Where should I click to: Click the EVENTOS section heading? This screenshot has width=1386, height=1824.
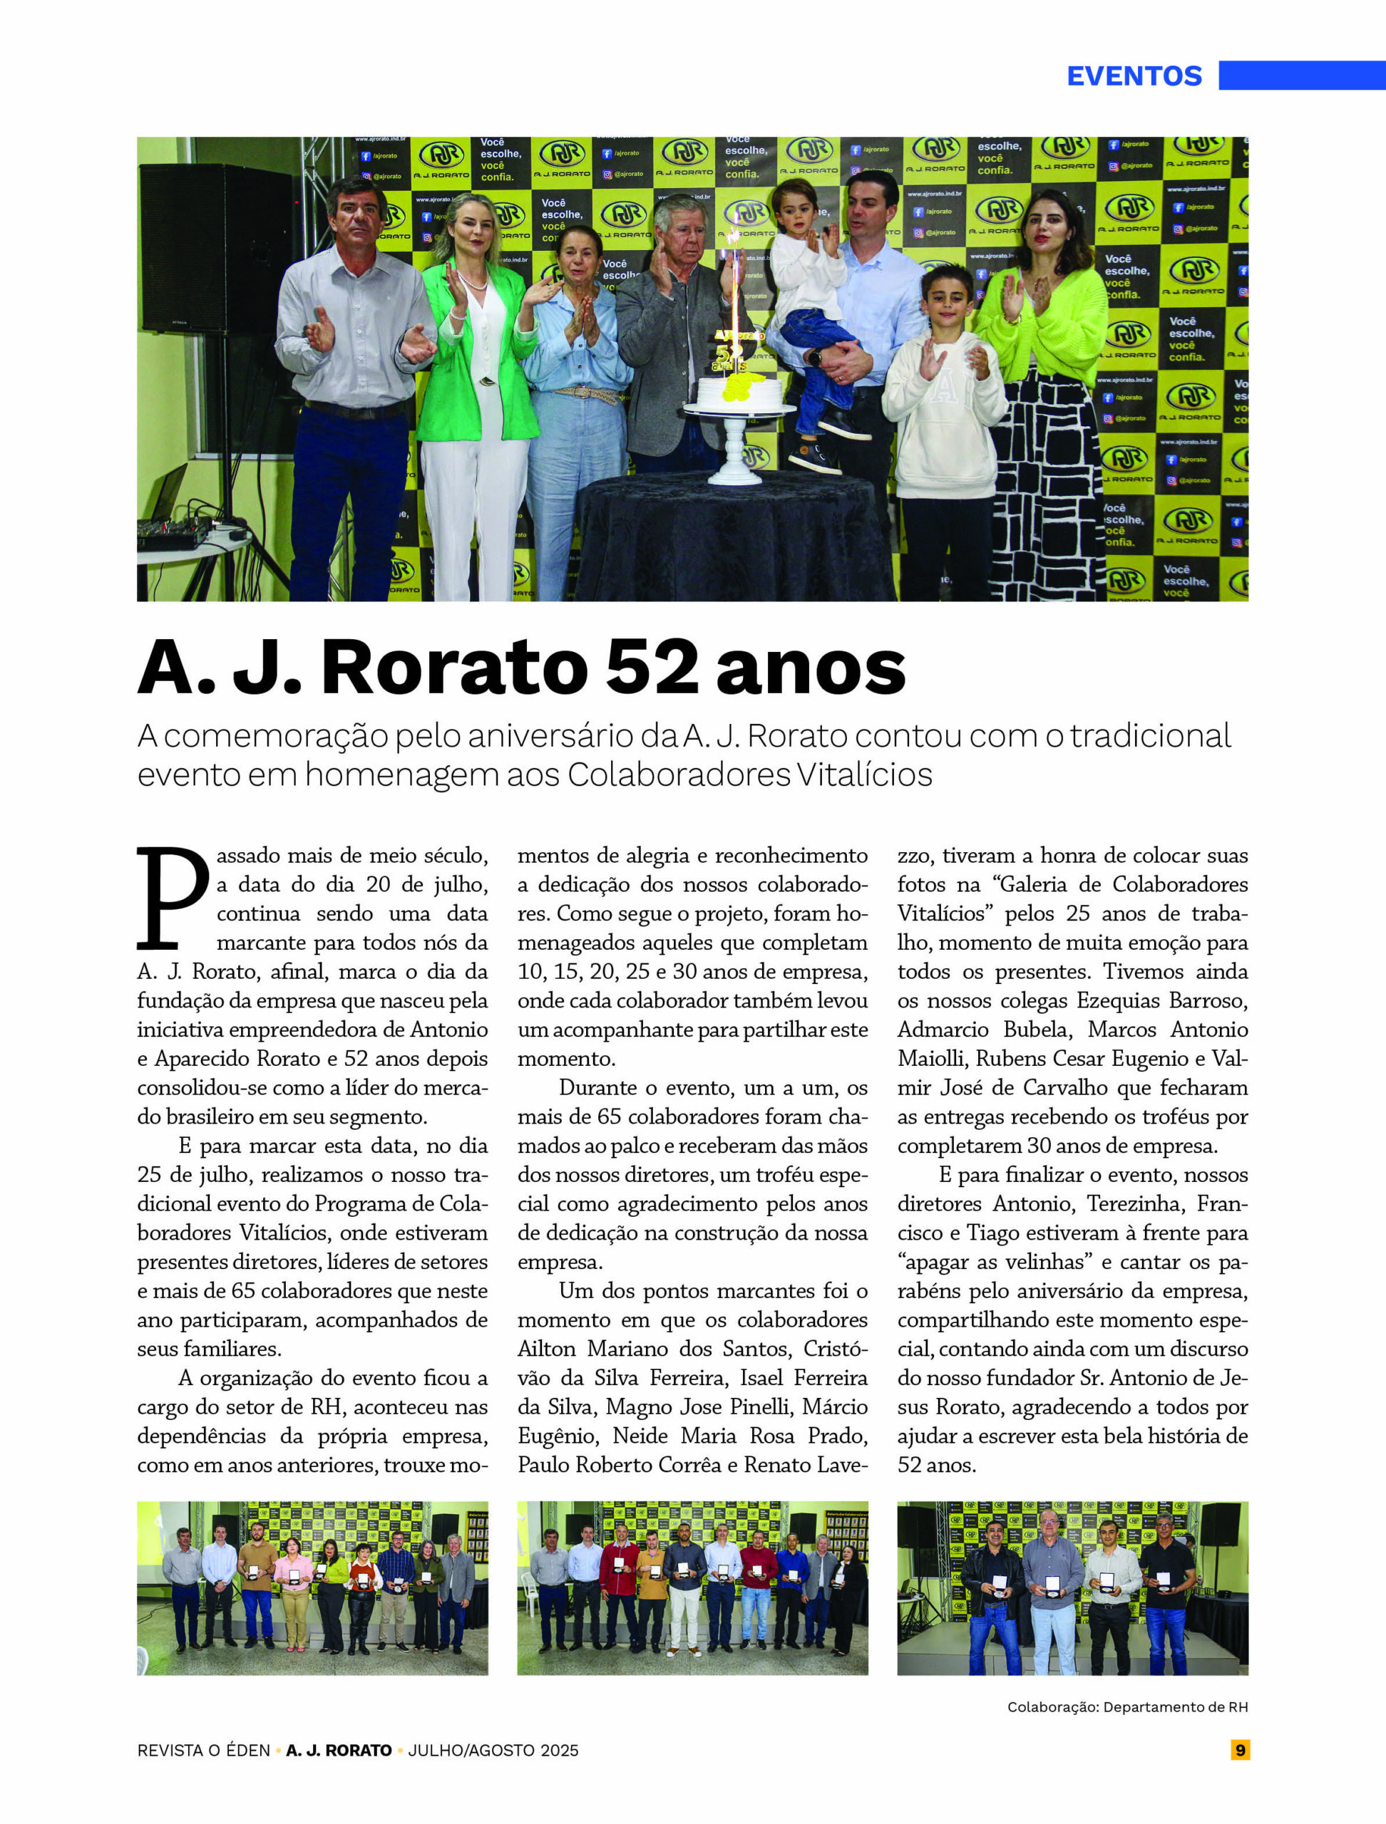[x=1134, y=76]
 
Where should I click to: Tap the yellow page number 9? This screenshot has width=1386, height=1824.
[x=1240, y=1750]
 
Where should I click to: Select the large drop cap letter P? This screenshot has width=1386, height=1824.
[x=173, y=898]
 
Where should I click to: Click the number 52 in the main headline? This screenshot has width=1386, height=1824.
[x=652, y=668]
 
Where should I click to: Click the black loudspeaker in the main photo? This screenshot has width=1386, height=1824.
[x=217, y=248]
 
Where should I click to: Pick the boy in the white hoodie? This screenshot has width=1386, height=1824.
[x=945, y=396]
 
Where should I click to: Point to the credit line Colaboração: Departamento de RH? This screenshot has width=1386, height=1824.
[x=1127, y=1707]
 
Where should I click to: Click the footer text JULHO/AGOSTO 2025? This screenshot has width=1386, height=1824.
[x=493, y=1751]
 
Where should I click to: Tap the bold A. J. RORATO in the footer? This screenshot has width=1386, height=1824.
[x=339, y=1751]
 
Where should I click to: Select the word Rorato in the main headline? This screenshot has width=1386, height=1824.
[x=453, y=668]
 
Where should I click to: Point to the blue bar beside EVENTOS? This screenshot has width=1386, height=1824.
[x=1302, y=75]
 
